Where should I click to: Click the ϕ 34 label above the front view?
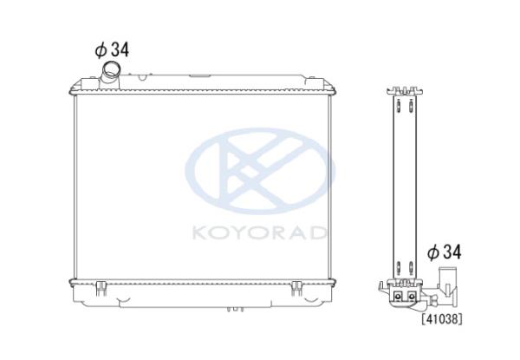pos(112,50)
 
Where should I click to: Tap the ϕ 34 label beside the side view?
pos(444,252)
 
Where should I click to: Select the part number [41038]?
pos(442,319)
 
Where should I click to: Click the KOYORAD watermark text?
pos(259,233)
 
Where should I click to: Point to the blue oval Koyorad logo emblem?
pos(260,171)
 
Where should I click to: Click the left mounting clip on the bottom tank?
pos(101,288)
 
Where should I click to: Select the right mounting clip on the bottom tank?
pos(296,288)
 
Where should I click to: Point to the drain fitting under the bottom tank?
pos(235,309)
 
